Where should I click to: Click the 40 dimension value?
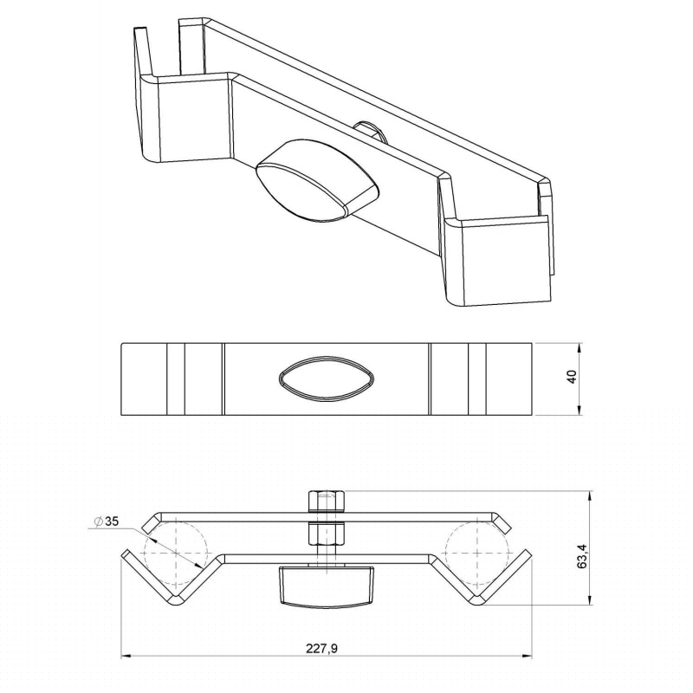pos(572,377)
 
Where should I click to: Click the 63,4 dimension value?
pos(583,555)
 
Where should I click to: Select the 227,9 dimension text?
pos(321,648)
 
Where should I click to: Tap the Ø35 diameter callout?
pos(107,521)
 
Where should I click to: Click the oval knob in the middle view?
pos(327,379)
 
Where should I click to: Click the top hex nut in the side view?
pos(327,502)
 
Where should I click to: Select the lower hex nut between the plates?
pos(327,534)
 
